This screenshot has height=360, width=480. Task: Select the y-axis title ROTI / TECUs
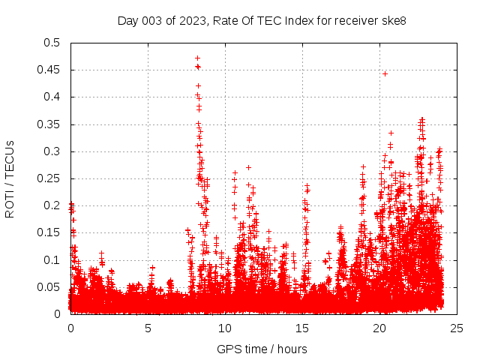tap(10, 178)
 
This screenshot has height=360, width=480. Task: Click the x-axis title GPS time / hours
tap(262, 349)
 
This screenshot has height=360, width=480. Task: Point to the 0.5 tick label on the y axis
tap(51, 43)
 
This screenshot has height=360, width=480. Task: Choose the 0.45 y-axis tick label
tap(48, 70)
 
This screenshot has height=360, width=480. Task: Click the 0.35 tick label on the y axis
tap(48, 124)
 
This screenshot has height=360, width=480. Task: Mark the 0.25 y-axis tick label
tap(48, 178)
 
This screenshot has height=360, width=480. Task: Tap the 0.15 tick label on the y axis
tap(48, 232)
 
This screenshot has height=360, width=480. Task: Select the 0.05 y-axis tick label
tap(48, 287)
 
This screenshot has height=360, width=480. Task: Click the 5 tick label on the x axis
tap(148, 328)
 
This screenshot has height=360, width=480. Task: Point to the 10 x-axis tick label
tap(225, 328)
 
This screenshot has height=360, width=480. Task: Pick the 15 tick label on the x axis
tap(302, 328)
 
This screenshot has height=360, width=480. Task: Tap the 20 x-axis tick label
tap(379, 328)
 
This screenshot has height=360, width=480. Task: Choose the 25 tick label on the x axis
tap(457, 328)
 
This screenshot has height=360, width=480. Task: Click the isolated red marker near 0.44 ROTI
tap(385, 73)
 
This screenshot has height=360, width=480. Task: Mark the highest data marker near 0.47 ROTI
tap(197, 58)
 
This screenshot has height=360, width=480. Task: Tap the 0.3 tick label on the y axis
tap(51, 151)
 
